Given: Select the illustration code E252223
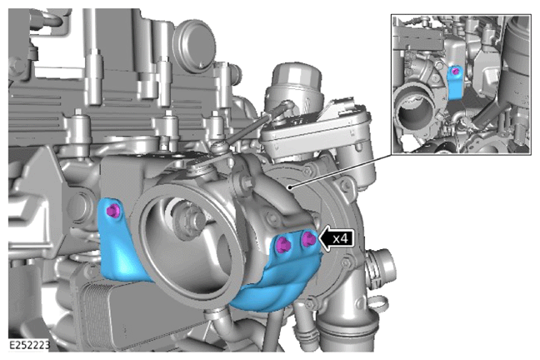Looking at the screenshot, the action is [29, 345].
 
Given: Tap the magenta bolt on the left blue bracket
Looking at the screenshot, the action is [112, 211].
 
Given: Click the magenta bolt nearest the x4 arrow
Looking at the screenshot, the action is [308, 238].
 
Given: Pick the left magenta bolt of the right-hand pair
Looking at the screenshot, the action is [284, 245].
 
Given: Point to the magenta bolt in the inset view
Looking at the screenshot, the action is [455, 72].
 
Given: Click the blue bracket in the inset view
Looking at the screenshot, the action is [454, 83].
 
